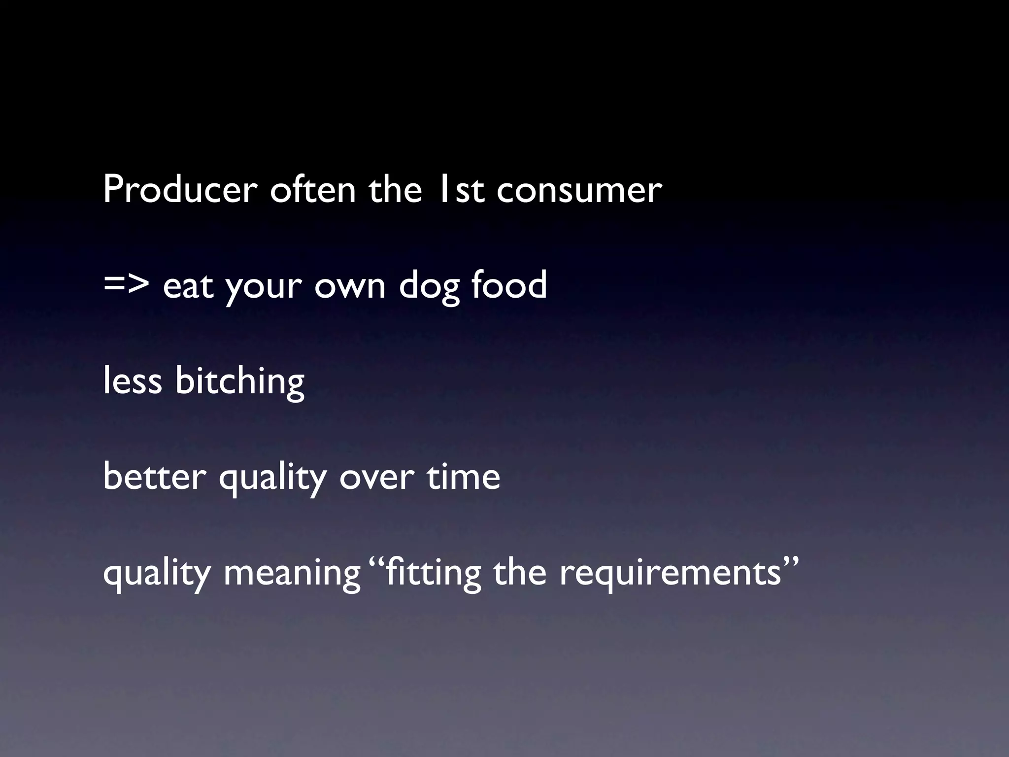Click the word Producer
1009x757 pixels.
pos(180,189)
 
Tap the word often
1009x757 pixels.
pos(313,189)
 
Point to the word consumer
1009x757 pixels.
pos(579,190)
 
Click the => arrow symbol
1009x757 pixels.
pos(127,286)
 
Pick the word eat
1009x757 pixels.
pos(188,286)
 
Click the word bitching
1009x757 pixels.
pos(240,382)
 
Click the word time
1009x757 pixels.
pos(463,477)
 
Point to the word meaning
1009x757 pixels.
pos(292,574)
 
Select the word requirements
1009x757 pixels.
pos(670,573)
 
